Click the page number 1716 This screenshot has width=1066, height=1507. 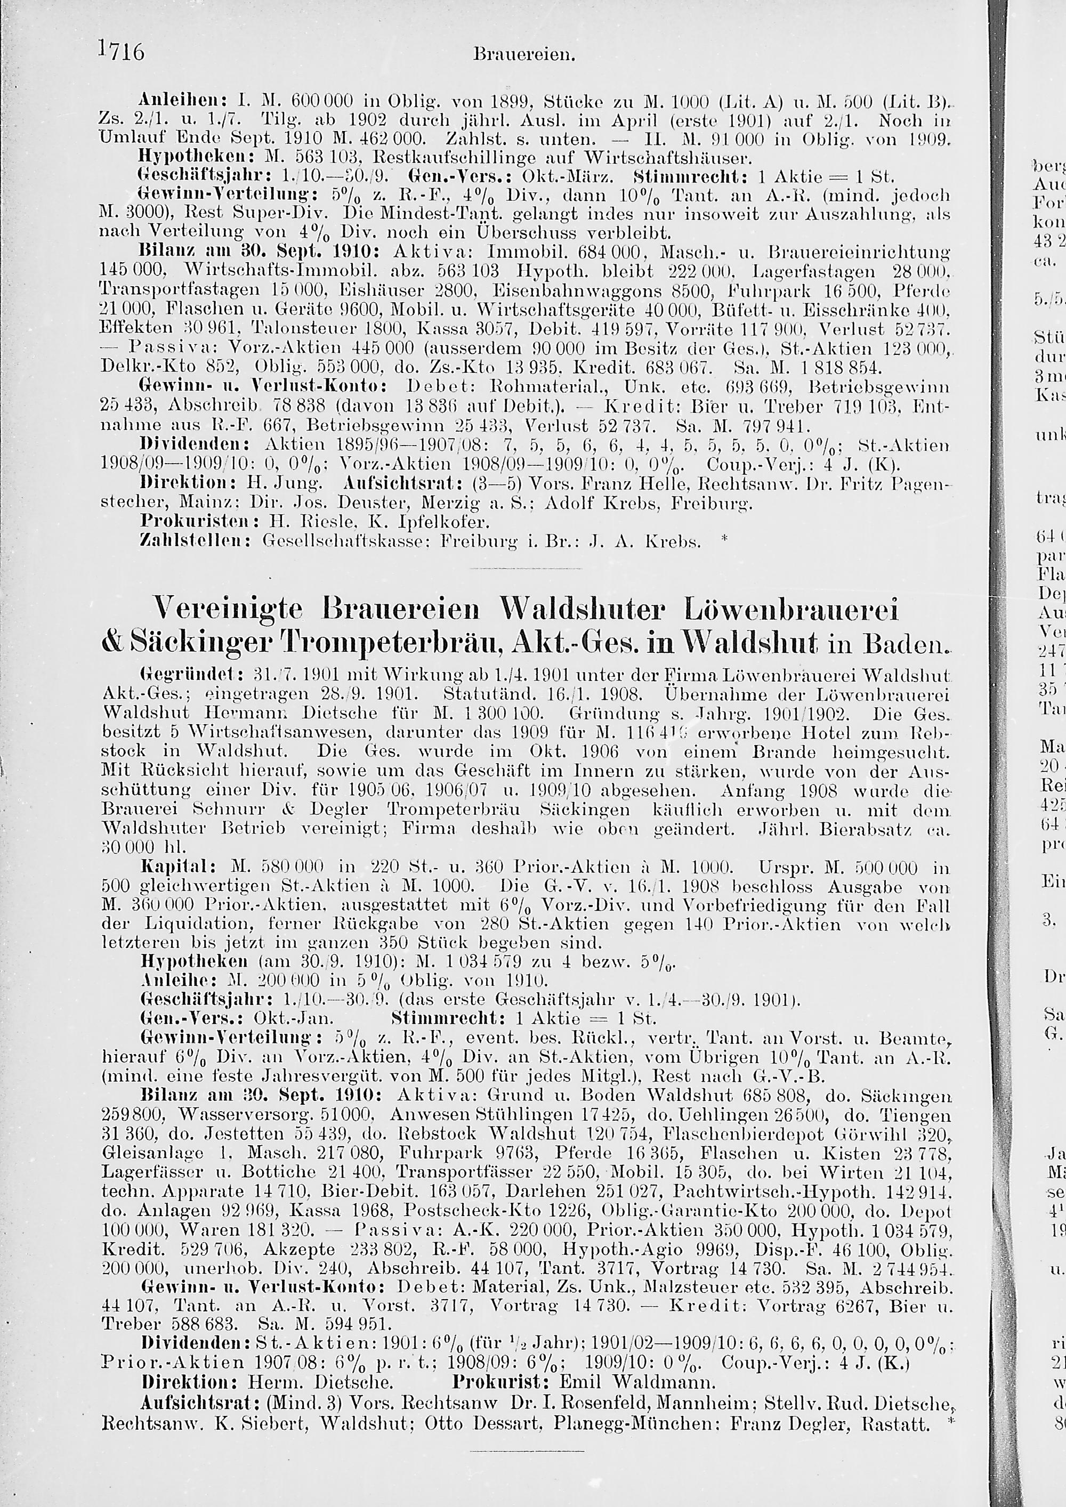(x=122, y=53)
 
